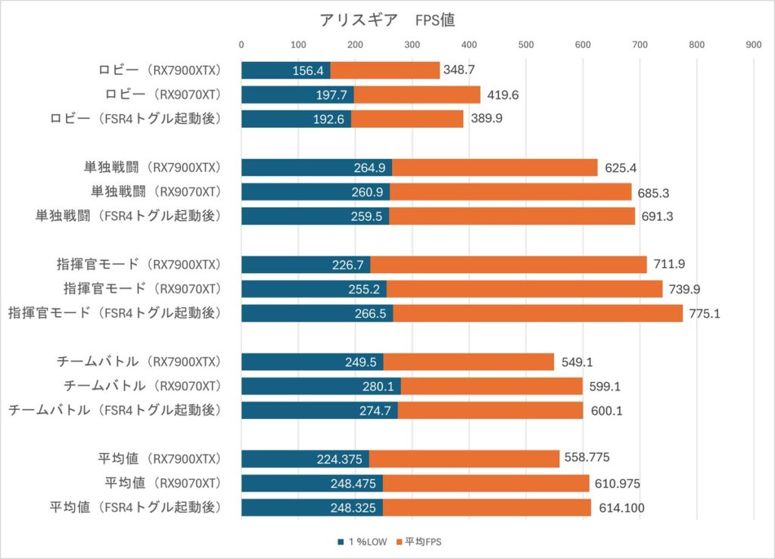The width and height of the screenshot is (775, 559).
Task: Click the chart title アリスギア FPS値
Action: (x=387, y=20)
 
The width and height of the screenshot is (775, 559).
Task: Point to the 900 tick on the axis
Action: (x=753, y=45)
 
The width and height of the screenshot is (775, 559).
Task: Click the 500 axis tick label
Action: (x=525, y=45)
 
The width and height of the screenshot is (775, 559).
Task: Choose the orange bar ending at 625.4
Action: (x=494, y=168)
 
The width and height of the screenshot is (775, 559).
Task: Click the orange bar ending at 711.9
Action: (x=508, y=265)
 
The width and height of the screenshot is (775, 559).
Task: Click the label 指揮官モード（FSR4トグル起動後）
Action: (x=114, y=312)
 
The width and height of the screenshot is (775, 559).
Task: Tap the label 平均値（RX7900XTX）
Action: (x=159, y=458)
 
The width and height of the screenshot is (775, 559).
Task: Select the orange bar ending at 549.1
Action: (x=468, y=362)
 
